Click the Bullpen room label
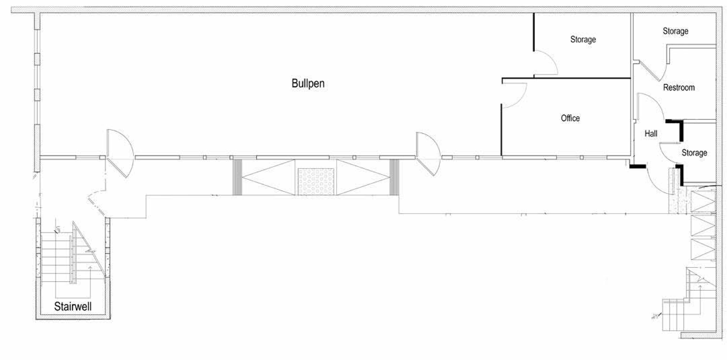click(308, 84)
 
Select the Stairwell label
click(73, 306)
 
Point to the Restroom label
click(679, 88)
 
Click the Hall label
click(651, 133)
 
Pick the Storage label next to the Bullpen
click(583, 40)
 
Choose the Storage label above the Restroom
click(675, 31)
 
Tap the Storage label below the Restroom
click(694, 153)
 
